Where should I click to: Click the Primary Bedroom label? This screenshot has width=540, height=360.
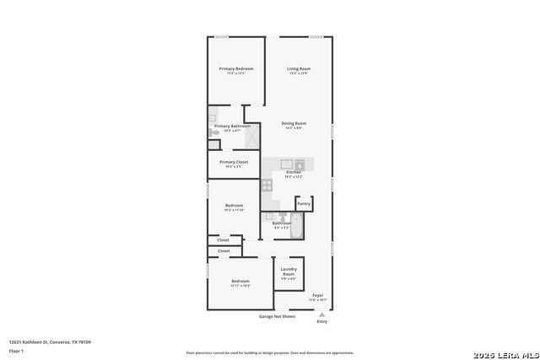(x=236, y=68)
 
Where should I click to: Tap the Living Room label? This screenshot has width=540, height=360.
(x=299, y=68)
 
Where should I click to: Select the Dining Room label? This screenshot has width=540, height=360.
(x=294, y=123)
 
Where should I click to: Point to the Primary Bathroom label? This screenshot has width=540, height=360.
(x=226, y=126)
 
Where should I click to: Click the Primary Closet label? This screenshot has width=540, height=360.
(x=234, y=162)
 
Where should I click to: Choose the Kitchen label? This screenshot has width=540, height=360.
(x=293, y=172)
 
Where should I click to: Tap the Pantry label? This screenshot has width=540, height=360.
(x=304, y=203)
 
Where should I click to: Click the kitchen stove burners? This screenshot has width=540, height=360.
(x=267, y=184)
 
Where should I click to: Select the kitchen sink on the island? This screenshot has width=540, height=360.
(x=287, y=164)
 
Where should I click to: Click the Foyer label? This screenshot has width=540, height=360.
(x=318, y=295)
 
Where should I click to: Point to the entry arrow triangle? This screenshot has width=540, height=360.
(x=321, y=314)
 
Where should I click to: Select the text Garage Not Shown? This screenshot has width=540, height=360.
(x=277, y=316)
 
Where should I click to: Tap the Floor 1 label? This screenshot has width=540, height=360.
(x=16, y=351)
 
